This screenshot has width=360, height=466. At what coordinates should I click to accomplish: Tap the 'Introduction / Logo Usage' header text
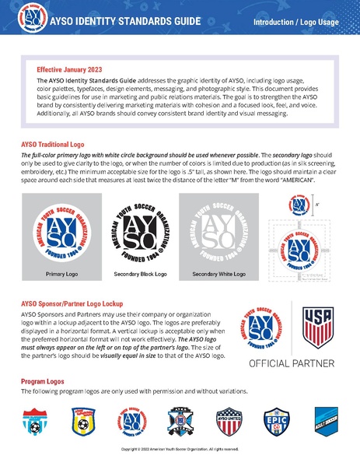295,22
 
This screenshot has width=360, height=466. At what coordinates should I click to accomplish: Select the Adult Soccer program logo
323,420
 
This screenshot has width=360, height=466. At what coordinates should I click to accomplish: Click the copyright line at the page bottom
180,449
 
